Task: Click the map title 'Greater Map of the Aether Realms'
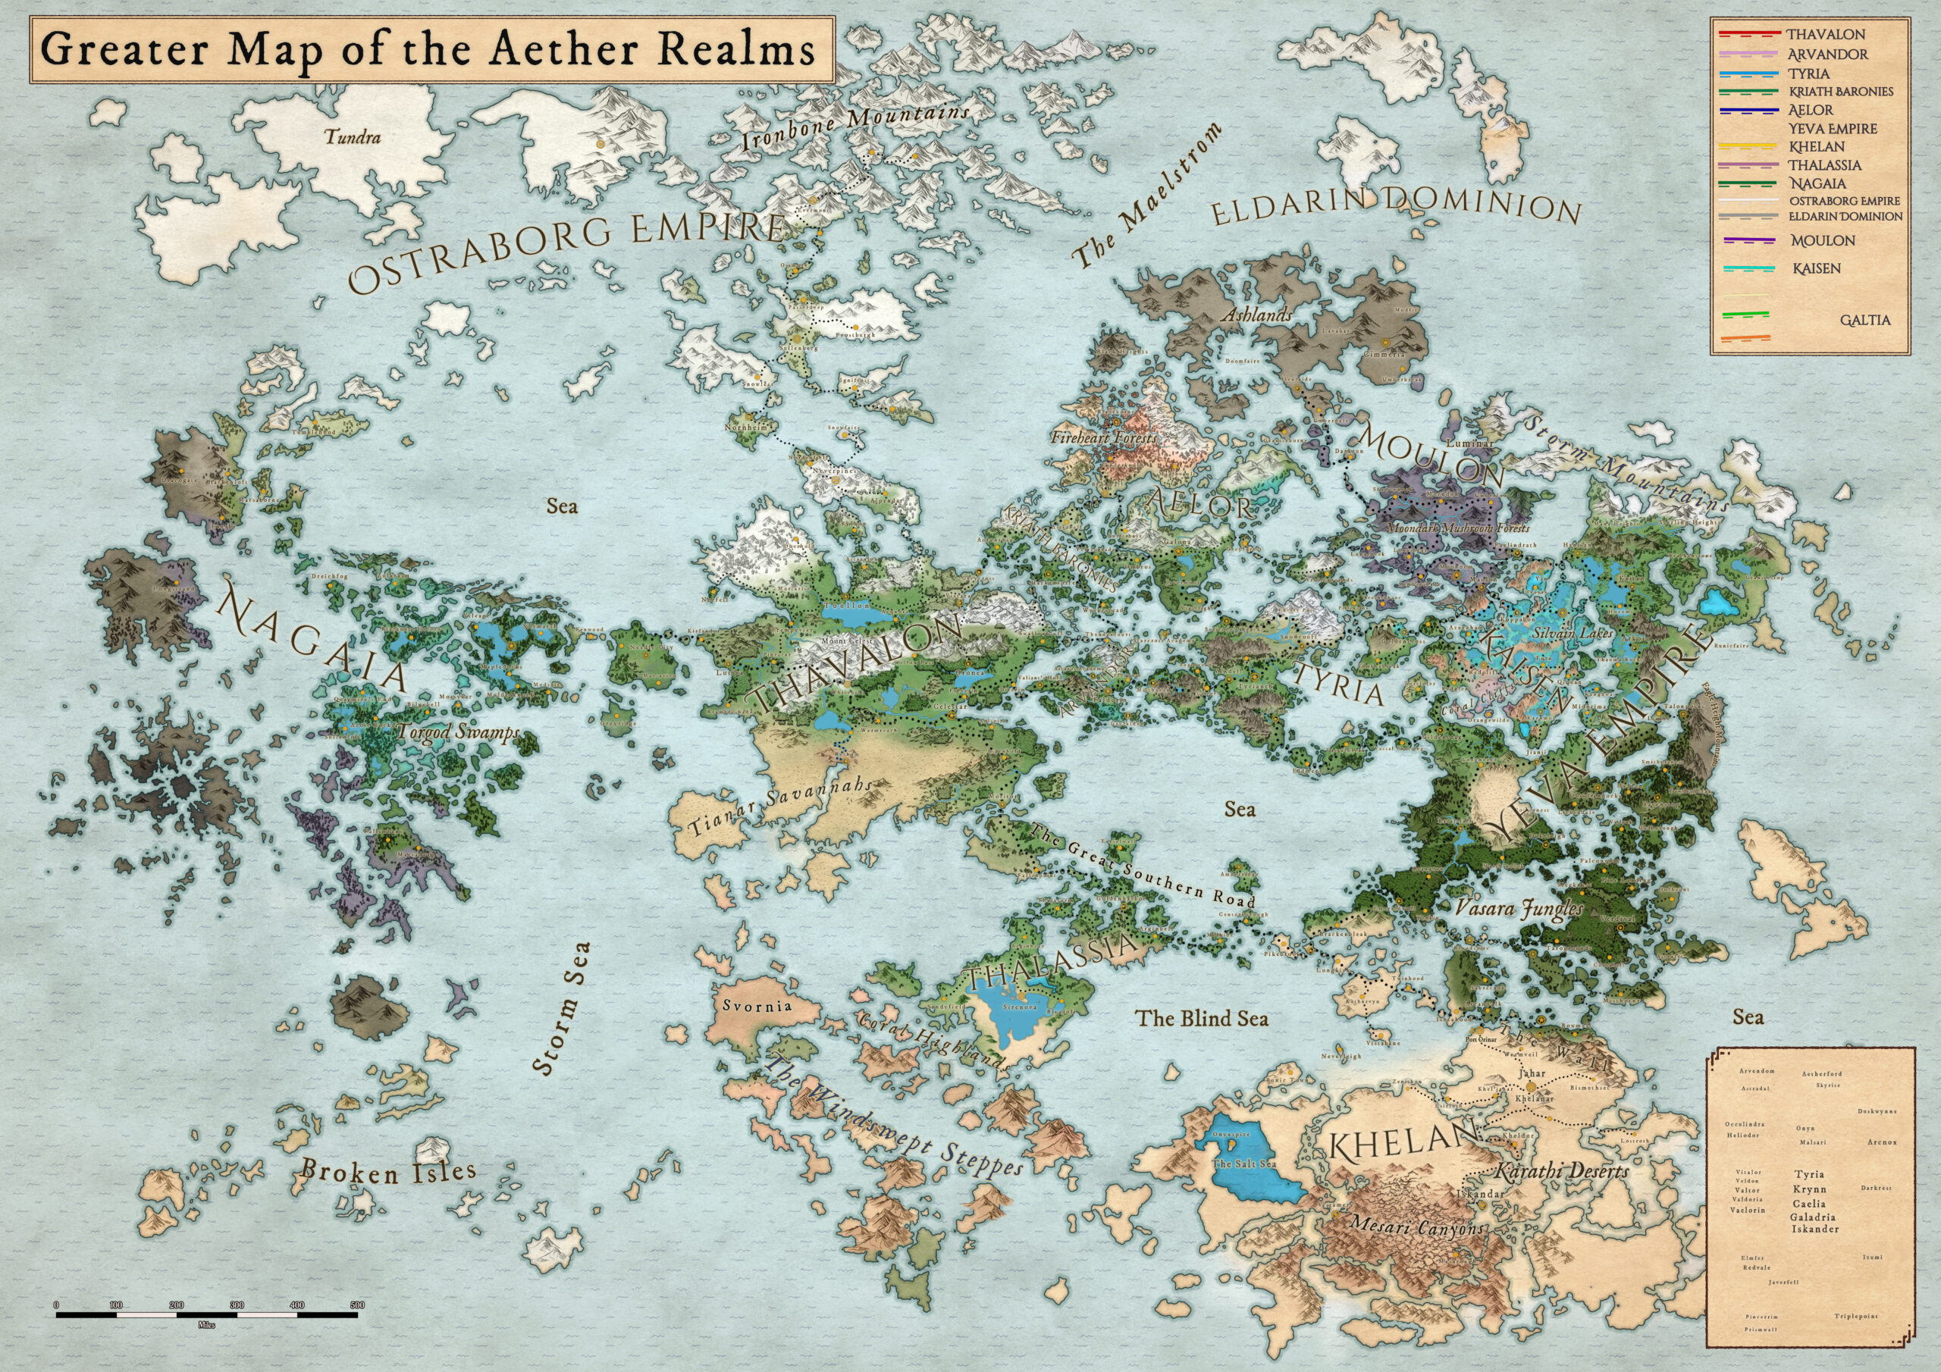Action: pos(428,51)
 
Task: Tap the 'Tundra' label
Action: pos(353,137)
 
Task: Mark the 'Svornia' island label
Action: pos(757,1006)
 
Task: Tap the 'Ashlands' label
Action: pos(1256,315)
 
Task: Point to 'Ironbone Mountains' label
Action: pos(854,127)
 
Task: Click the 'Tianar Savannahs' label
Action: pos(778,807)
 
